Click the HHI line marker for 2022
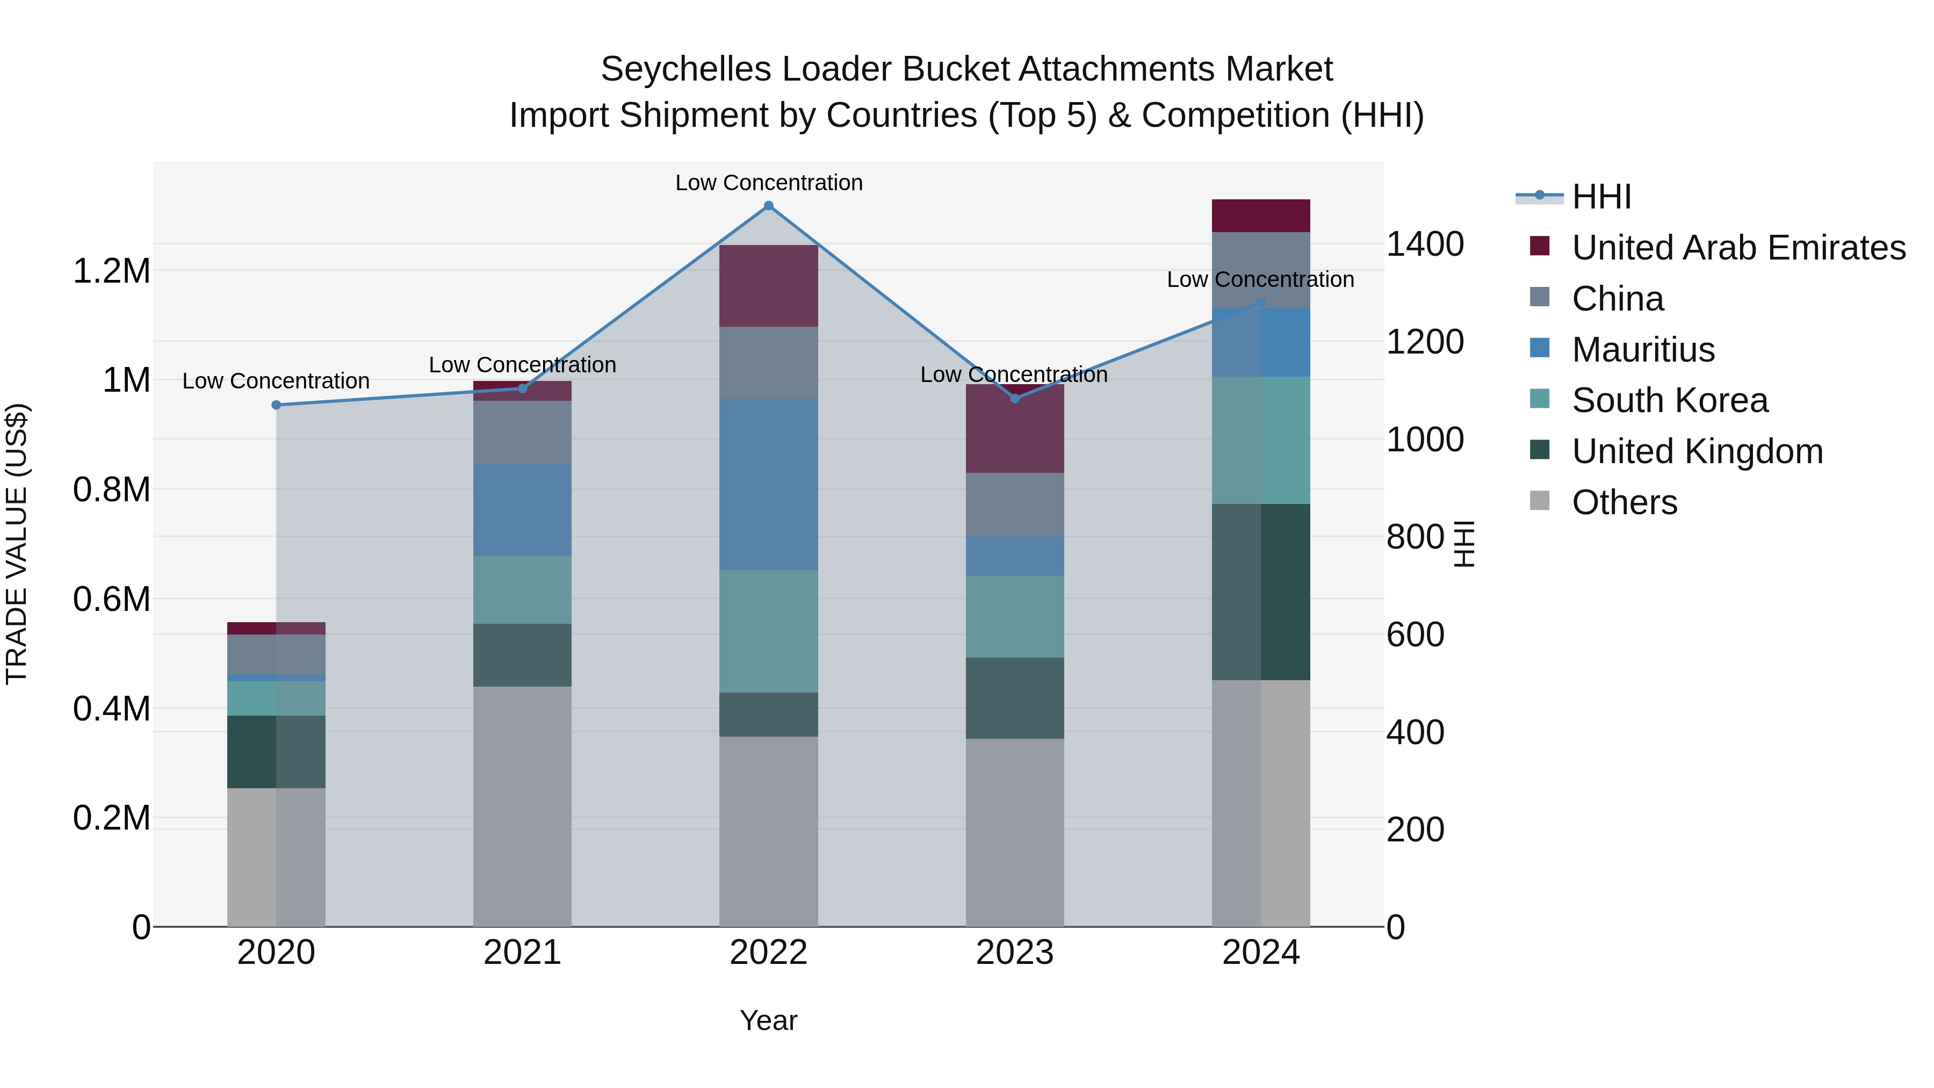pos(768,206)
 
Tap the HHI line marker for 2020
pos(276,406)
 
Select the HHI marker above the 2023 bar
pos(1015,399)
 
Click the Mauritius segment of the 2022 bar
pos(768,484)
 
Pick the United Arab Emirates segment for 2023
pos(1014,429)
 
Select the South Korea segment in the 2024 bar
pos(1260,440)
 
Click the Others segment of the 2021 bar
pos(522,806)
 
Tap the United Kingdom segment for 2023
pos(1014,698)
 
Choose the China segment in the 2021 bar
pos(522,433)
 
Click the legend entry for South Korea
pos(1670,400)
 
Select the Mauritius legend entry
pos(1643,350)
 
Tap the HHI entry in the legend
pos(1601,197)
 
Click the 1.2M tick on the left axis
pos(112,271)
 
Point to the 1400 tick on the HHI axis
pos(1424,245)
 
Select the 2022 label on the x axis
pos(768,953)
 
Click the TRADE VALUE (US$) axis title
pos(17,544)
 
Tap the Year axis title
pos(768,1020)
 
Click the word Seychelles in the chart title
pos(685,70)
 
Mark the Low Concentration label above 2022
pos(769,183)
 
